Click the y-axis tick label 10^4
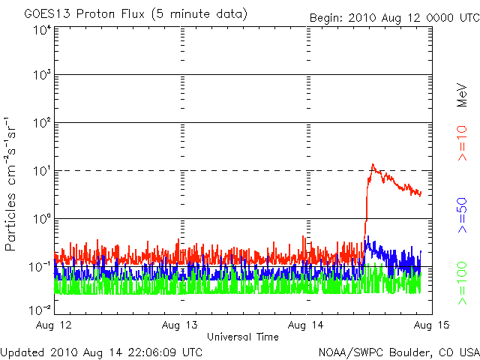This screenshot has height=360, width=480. [x=42, y=30]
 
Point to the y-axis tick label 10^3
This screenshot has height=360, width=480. [x=42, y=76]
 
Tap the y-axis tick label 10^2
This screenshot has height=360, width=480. [x=42, y=123]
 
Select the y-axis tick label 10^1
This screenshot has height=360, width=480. [x=42, y=171]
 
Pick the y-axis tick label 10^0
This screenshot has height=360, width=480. [x=42, y=219]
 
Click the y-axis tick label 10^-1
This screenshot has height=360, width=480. [x=40, y=266]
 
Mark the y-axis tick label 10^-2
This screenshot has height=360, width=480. [x=40, y=310]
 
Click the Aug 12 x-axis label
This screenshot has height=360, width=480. [x=55, y=325]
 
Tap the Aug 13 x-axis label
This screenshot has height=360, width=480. [x=181, y=325]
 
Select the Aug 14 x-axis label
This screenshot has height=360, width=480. [x=307, y=325]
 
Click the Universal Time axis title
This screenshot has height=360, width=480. [x=243, y=337]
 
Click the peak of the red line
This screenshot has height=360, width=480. [x=372, y=165]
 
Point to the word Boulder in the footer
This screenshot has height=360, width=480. [x=401, y=352]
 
